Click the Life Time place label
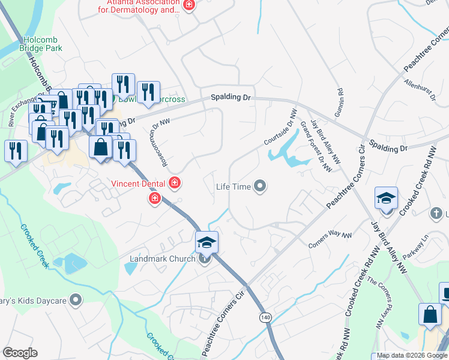point(233,187)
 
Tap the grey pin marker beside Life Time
point(260,187)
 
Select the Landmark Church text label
point(163,259)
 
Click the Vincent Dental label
point(139,182)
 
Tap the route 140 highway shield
point(264,316)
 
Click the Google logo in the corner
point(20,353)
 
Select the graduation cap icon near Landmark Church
point(206,243)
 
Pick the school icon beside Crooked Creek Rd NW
point(386,199)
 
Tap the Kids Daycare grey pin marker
point(76,298)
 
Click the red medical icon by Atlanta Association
point(190,6)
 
